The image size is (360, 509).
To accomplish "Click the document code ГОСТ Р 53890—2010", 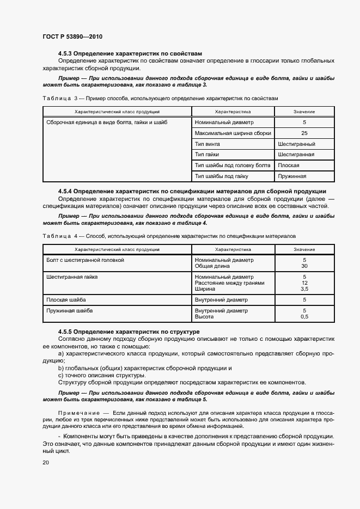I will (x=72, y=36).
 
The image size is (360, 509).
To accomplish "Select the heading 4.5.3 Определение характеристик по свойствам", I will (x=130, y=53).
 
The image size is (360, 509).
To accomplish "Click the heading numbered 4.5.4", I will (x=192, y=191).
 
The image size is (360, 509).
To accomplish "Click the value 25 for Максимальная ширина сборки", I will (x=304, y=133).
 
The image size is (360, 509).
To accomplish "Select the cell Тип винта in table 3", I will (x=208, y=144).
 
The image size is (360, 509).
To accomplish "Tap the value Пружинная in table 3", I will (x=292, y=176).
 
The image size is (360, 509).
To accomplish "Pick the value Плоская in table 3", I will (x=289, y=165).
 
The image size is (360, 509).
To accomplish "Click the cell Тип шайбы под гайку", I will (x=221, y=176).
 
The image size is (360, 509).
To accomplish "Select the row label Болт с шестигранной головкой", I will (x=86, y=260).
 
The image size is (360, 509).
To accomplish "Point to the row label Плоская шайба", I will (x=66, y=300).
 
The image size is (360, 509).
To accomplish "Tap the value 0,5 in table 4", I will (x=304, y=317).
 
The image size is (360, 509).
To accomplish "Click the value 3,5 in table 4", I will (x=304, y=289).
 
